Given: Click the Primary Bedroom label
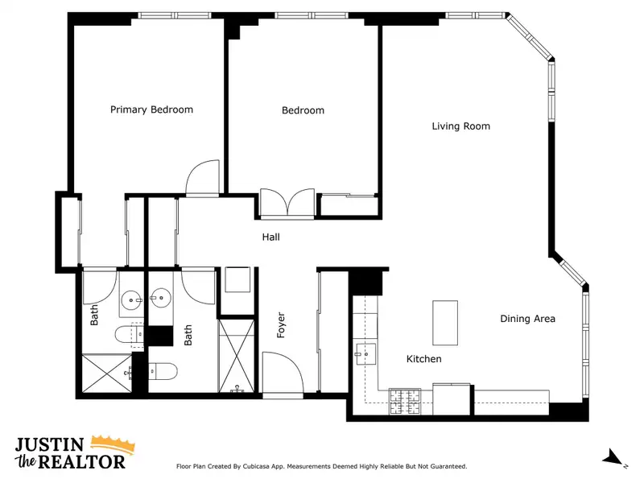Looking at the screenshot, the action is click(151, 109).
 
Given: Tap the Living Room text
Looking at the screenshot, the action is click(460, 126).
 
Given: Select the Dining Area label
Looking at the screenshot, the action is click(527, 319).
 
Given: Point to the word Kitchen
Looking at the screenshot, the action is click(424, 359).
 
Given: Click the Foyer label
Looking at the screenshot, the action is click(281, 325).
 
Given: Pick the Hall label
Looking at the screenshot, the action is click(271, 237).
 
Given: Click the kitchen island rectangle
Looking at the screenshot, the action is click(445, 323).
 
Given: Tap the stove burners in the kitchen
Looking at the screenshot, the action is click(405, 401).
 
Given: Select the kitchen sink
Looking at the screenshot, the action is click(365, 354).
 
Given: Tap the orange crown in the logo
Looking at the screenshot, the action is click(113, 444).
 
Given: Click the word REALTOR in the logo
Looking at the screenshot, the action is click(81, 462).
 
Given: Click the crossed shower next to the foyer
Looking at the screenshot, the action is click(236, 356).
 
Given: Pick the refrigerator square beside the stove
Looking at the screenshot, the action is click(452, 398).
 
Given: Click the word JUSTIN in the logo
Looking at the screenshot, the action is click(50, 445).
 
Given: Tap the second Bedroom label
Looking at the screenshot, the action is click(303, 110).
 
